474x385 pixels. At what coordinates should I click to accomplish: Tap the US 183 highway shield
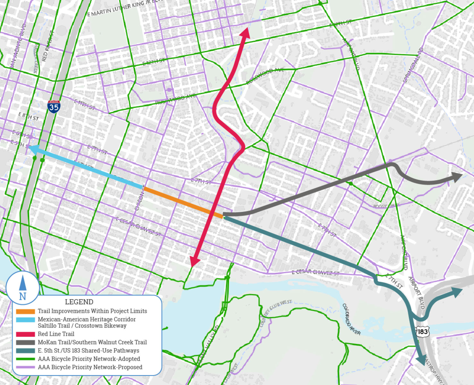click(422, 331)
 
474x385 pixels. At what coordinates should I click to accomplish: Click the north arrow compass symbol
click(22, 287)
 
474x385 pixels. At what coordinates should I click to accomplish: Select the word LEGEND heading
click(79, 302)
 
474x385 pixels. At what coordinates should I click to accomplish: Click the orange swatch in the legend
click(25, 311)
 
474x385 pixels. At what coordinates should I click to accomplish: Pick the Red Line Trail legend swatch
click(25, 334)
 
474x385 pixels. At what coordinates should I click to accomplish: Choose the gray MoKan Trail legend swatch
click(25, 342)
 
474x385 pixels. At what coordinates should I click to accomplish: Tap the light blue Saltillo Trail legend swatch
click(25, 320)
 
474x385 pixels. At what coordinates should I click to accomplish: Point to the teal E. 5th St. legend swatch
click(25, 351)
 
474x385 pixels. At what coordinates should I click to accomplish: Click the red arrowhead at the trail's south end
click(194, 261)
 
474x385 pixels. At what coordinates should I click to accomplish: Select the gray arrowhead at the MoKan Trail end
click(457, 177)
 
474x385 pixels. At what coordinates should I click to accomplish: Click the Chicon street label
click(139, 201)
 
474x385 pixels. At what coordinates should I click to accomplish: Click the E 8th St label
click(28, 116)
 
